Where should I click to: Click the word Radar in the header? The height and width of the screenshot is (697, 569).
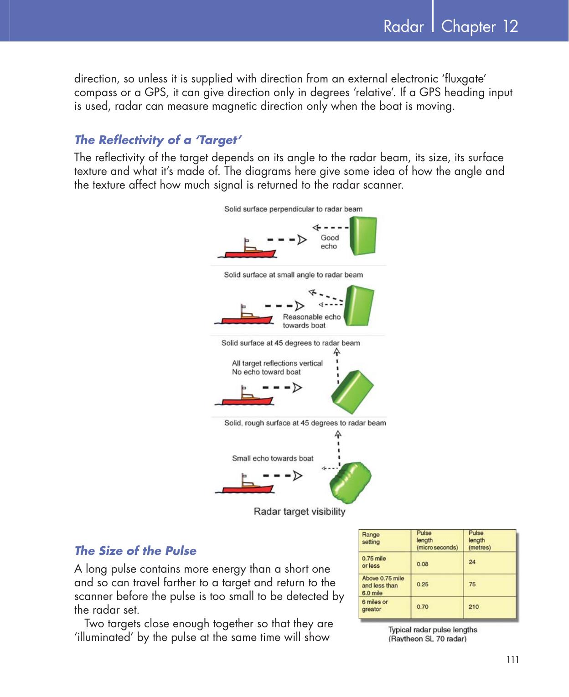(403, 26)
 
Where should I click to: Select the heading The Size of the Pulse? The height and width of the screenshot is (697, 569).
(135, 551)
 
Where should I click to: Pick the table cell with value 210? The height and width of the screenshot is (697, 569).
(474, 606)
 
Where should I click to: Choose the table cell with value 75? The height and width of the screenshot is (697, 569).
(472, 584)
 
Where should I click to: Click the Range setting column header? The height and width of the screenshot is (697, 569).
(371, 538)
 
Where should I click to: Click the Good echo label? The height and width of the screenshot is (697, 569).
(330, 242)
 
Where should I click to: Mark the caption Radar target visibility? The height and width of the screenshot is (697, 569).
(299, 512)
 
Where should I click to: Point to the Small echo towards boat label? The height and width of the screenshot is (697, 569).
(273, 458)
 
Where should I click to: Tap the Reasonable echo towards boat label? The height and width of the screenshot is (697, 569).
(311, 321)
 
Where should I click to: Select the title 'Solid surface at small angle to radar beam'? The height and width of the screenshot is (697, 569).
(293, 275)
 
